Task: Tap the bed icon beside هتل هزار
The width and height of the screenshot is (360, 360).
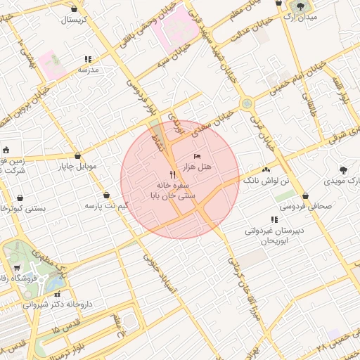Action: pos(197,155)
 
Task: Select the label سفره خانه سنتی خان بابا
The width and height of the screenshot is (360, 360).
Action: pos(172,189)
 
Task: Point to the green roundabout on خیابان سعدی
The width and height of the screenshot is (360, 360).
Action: pos(247,104)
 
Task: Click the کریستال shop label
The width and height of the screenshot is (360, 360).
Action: pos(74,19)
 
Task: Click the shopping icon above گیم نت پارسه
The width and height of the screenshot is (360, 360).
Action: pos(106,195)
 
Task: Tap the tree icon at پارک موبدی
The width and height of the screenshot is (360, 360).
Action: pos(343,169)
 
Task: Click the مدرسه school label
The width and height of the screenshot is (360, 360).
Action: pos(88,70)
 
